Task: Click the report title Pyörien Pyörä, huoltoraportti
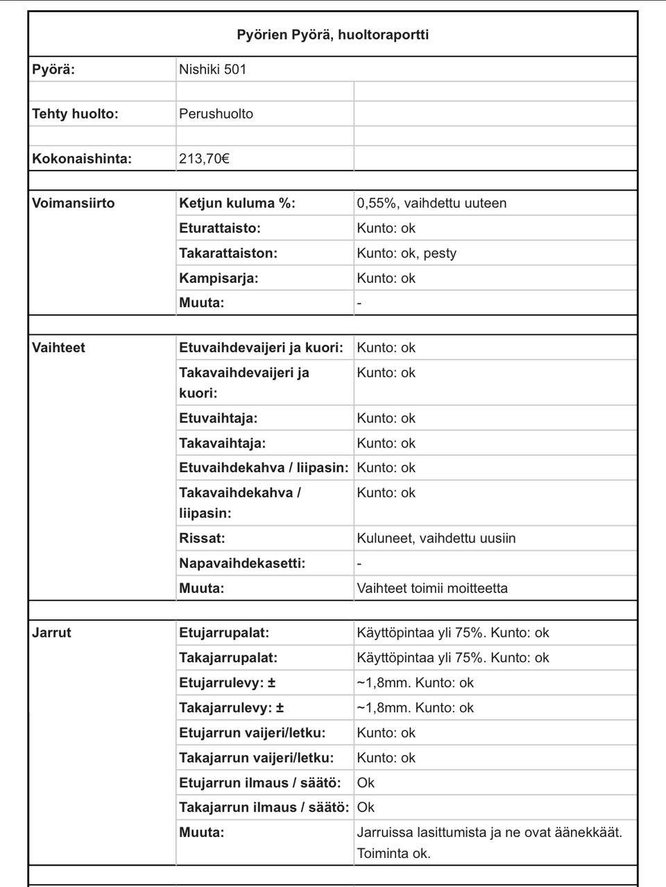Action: [x=332, y=35]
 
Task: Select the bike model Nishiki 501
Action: [x=212, y=69]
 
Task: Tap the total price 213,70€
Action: [x=204, y=159]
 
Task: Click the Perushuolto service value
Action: [x=216, y=114]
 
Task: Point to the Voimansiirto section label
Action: [x=74, y=203]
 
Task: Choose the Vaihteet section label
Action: [x=58, y=347]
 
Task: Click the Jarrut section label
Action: [x=51, y=632]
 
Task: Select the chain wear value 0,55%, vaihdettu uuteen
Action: [x=432, y=203]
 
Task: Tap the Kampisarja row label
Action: [x=219, y=278]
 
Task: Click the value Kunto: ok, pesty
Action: [x=407, y=253]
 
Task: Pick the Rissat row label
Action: [x=202, y=538]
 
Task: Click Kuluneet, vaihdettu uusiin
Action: [x=436, y=538]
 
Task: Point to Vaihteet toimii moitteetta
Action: [x=432, y=588]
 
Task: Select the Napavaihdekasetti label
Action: [x=241, y=563]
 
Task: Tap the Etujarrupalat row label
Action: [x=224, y=632]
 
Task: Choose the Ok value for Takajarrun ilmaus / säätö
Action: [x=366, y=807]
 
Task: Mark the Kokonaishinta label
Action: [x=82, y=159]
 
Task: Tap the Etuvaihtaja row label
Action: [x=218, y=418]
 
